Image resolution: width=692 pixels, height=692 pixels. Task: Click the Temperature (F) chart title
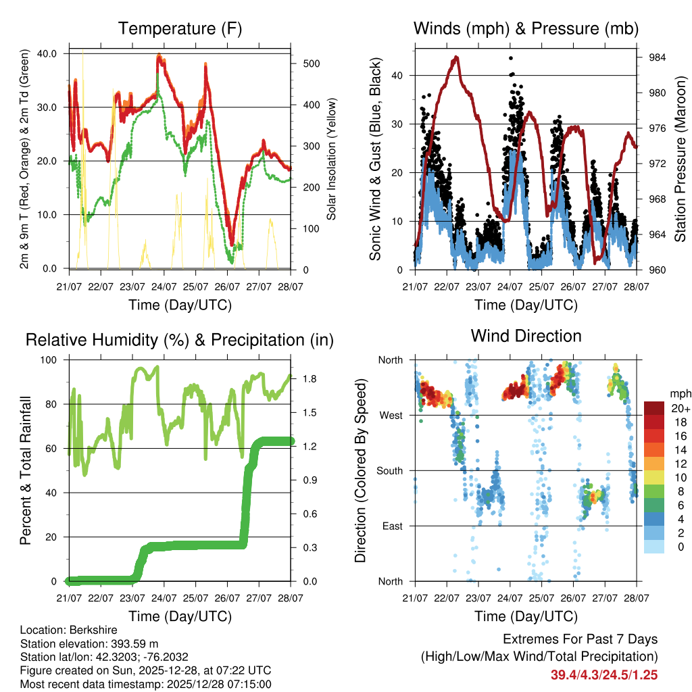click(180, 28)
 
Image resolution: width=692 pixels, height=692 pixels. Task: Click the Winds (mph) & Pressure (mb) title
click(526, 28)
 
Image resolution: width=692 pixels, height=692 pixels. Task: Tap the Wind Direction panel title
click(526, 335)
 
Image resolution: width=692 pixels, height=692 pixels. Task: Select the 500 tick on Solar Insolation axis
click(303, 64)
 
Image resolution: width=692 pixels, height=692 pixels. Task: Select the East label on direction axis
click(391, 526)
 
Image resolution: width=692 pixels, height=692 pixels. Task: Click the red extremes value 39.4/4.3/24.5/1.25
click(604, 674)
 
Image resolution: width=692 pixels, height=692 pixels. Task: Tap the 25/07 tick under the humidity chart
click(196, 597)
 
